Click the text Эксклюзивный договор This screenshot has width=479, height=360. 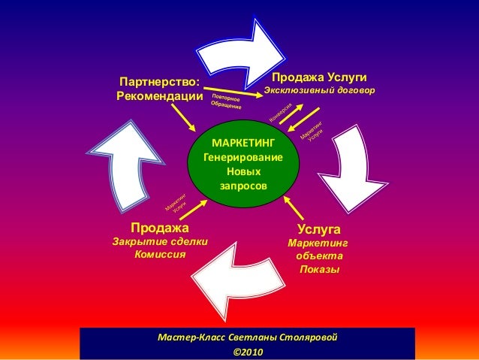pyautogui.click(x=318, y=91)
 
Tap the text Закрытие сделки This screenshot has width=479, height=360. pyautogui.click(x=159, y=241)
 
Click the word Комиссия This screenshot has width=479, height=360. pyautogui.click(x=159, y=254)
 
